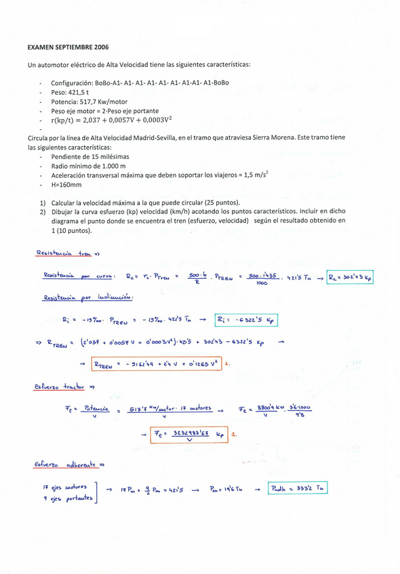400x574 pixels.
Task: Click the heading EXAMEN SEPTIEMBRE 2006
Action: point(68,48)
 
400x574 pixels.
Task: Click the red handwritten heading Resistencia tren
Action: point(65,254)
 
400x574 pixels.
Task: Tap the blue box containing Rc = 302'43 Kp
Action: point(350,277)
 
